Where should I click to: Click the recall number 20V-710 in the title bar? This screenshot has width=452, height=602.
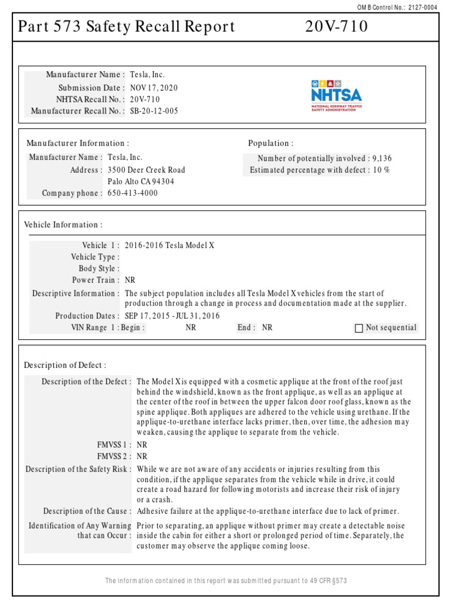(337, 27)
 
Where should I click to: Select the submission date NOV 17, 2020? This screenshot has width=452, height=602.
(154, 88)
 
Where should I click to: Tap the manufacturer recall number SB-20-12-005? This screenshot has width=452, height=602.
(154, 111)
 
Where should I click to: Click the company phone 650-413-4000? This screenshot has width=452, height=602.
(132, 193)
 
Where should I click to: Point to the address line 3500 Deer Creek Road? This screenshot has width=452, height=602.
(146, 170)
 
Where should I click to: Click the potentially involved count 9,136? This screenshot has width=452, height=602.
(381, 158)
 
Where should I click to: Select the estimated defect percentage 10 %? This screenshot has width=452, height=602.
(381, 170)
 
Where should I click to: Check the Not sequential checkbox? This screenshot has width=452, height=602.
(359, 328)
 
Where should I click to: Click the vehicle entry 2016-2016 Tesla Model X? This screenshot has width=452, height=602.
(169, 245)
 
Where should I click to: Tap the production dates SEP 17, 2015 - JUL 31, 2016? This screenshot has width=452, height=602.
(172, 316)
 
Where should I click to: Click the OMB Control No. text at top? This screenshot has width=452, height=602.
(406, 7)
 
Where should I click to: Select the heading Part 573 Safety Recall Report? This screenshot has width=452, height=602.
(127, 27)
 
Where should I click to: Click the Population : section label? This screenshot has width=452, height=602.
(270, 143)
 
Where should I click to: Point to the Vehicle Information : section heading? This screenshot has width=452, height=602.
(63, 225)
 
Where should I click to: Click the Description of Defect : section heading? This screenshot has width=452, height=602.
(65, 365)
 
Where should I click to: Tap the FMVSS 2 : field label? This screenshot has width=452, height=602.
(114, 456)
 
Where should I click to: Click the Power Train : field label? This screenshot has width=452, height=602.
(96, 280)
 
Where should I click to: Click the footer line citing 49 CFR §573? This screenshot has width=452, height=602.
(226, 581)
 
